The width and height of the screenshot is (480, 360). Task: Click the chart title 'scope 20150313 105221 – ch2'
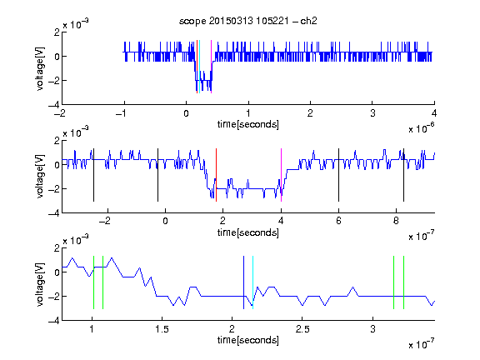pos(248,21)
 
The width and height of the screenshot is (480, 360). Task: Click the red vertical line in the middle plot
pos(216,175)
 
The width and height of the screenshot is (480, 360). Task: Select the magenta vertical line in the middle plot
pos(281,175)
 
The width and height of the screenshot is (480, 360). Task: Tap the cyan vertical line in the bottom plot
pos(252,282)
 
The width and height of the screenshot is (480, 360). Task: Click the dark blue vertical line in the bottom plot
pos(243,282)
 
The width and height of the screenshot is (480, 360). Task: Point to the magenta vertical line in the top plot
pos(211,67)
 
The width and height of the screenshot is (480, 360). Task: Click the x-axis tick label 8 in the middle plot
pos(396,221)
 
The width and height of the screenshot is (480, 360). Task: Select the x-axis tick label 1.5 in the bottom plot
pos(162,329)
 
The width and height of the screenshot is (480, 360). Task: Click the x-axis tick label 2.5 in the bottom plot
pos(302,329)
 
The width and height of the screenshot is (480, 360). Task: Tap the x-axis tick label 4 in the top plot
pos(434,113)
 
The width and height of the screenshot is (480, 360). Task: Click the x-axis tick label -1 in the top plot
pos(122,113)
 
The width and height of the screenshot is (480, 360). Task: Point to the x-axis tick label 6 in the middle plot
pos(338,221)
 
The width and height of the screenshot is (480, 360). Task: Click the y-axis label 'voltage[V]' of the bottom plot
pos(40,284)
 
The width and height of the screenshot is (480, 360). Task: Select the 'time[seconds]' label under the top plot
pos(248,124)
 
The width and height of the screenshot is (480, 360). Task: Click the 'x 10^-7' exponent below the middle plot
pos(422,236)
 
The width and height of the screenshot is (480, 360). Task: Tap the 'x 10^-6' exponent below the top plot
pos(422,128)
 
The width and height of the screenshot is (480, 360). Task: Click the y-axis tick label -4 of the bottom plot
pos(54,321)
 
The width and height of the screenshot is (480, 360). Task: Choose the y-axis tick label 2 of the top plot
pos(57,32)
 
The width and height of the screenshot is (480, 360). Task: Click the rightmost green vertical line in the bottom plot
pos(403,282)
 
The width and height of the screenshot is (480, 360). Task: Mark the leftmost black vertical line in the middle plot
pos(93,175)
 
